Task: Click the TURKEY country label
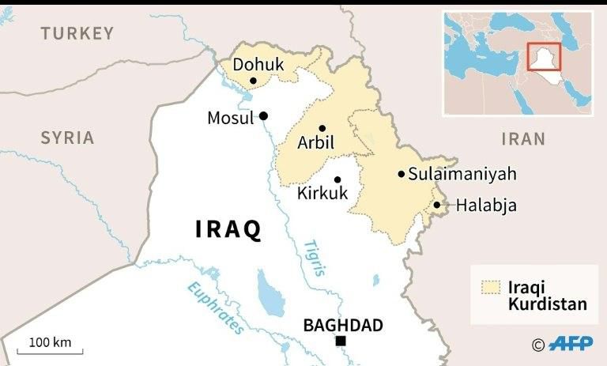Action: (x=77, y=33)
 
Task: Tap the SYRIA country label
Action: (x=68, y=138)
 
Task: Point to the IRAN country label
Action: (x=523, y=139)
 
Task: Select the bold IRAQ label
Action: (x=228, y=229)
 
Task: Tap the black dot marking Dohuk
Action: (x=253, y=81)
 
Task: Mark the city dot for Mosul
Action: (x=263, y=115)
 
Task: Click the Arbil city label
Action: (x=315, y=144)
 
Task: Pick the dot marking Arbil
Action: (x=322, y=128)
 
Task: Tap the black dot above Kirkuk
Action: (x=337, y=179)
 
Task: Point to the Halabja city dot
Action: (x=437, y=206)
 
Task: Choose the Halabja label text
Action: (x=486, y=206)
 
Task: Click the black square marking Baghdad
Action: (x=340, y=341)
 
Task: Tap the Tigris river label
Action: (x=314, y=256)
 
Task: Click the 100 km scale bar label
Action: (x=51, y=342)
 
